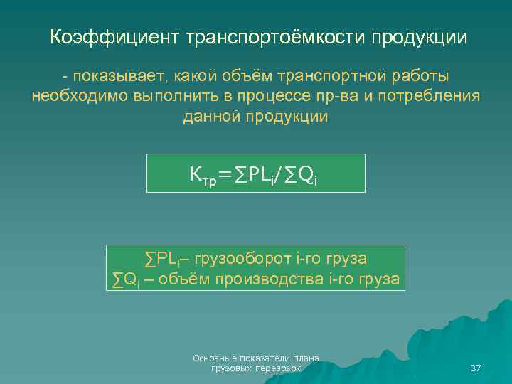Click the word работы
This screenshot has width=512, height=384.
click(x=423, y=75)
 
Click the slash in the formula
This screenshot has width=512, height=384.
click(x=280, y=174)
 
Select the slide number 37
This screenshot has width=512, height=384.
click(x=476, y=368)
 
